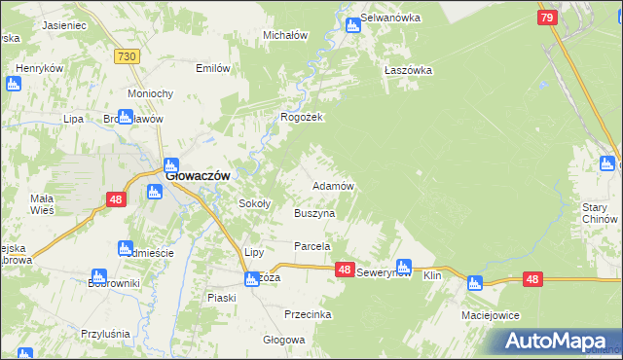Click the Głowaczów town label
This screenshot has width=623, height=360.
pos(198,176)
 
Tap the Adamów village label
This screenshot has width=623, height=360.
pos(332,185)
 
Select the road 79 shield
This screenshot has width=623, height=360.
pos(547,18)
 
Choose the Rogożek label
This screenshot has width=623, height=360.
pos(302,117)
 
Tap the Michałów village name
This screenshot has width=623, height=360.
pos(285,35)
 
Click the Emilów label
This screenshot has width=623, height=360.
pos(213,68)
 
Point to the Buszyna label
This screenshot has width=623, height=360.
pos(314,212)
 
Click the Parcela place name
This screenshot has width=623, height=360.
pos(314,247)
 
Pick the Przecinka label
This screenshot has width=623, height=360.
pos(309,314)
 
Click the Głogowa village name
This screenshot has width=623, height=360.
pos(284,340)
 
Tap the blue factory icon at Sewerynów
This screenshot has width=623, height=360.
pos(402,265)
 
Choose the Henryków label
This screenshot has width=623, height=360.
pos(39,68)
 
